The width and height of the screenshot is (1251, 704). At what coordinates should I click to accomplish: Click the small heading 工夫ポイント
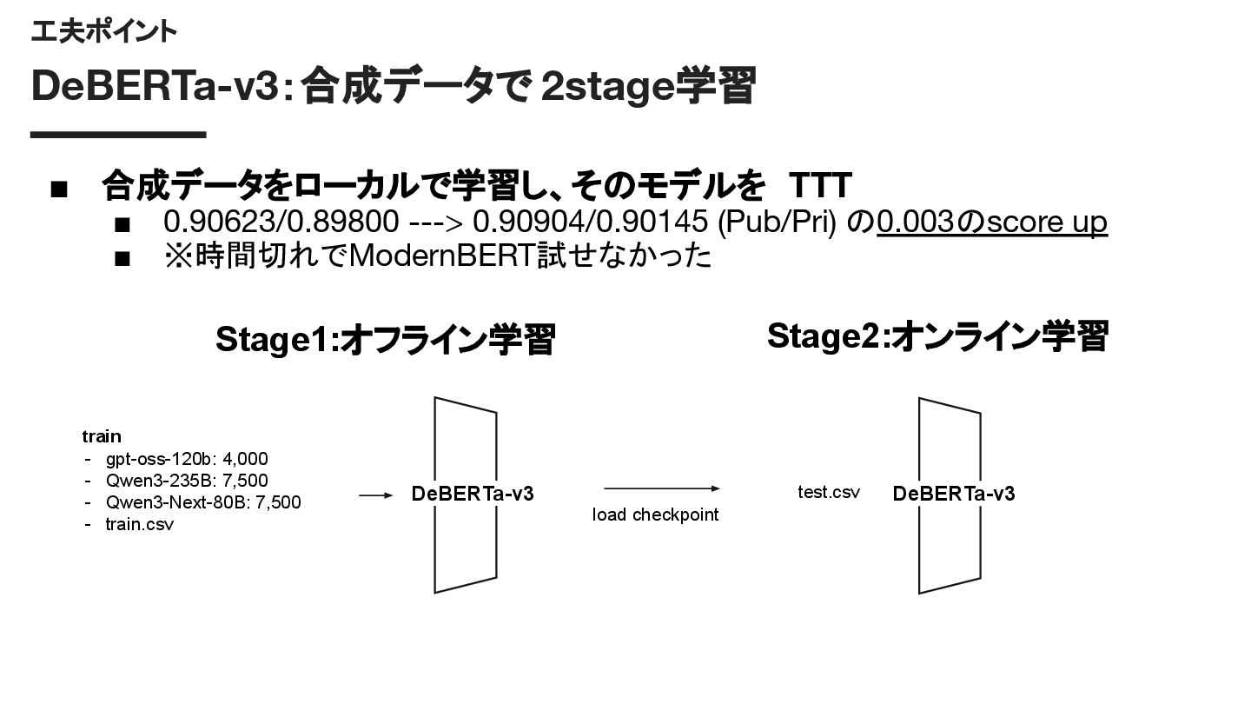click(103, 32)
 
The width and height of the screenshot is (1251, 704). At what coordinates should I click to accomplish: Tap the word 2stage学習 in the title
click(647, 87)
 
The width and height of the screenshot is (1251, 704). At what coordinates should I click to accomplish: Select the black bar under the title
click(118, 135)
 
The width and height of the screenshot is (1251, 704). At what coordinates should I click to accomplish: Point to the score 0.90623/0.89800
click(281, 222)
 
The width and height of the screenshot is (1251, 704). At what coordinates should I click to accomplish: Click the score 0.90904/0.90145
click(590, 222)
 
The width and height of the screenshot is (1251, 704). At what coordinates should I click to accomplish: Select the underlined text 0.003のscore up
click(992, 222)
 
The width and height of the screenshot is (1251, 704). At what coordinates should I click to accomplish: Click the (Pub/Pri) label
click(777, 222)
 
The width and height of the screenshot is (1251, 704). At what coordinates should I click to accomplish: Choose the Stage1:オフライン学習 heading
click(385, 340)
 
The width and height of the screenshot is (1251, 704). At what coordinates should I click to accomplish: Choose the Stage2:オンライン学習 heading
click(937, 336)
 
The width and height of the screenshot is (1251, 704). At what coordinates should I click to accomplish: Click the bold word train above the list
click(102, 436)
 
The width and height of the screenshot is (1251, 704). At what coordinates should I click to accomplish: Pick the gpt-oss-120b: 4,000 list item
click(187, 459)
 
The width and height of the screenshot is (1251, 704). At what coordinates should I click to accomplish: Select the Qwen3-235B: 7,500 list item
click(187, 481)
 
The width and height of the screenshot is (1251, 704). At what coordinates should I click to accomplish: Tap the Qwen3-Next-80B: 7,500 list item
click(203, 502)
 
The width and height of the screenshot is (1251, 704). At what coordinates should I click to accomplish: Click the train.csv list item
click(139, 524)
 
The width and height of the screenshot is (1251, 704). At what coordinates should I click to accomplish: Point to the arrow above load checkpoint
click(662, 489)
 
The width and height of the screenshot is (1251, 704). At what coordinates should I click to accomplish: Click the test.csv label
click(829, 493)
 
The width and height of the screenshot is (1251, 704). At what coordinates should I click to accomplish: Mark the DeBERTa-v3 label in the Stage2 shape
click(953, 495)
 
